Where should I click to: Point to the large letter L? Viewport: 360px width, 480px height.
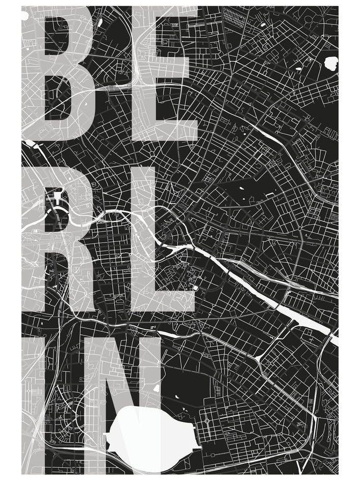[x=143, y=239]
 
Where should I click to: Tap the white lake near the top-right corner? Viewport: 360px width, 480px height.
[x=331, y=64]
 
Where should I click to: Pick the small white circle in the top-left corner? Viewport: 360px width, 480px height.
[x=24, y=16]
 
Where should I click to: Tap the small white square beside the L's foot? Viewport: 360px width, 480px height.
[x=195, y=288]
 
